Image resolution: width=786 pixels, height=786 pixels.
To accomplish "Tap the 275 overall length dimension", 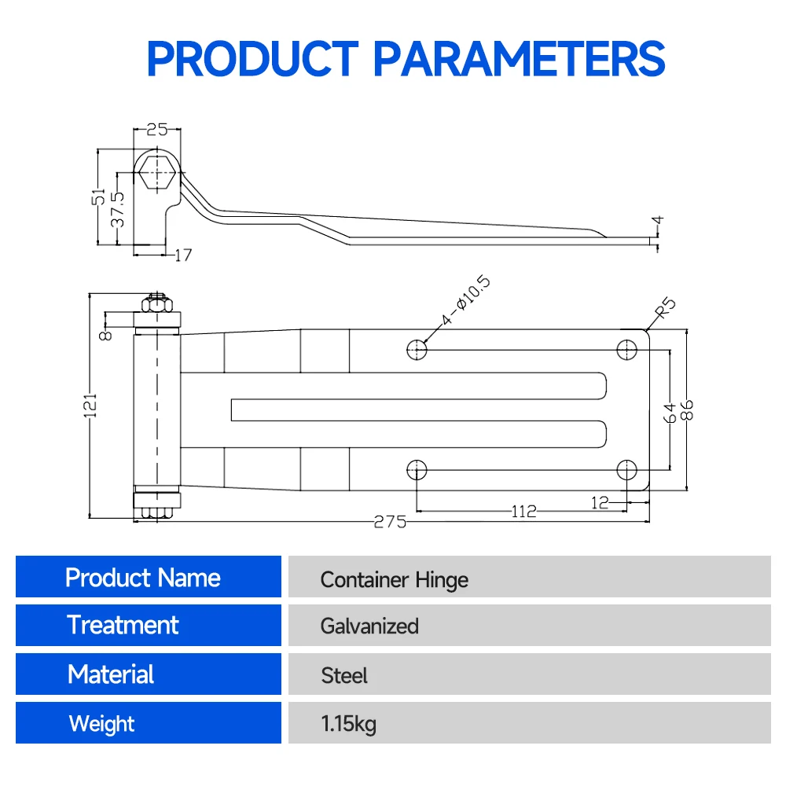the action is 390,521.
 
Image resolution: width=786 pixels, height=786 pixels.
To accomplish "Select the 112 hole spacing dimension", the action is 523,512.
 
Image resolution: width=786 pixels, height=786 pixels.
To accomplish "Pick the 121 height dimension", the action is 93,405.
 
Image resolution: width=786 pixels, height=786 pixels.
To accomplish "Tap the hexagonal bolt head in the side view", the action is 158,171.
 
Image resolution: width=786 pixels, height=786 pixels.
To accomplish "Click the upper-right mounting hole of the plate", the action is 627,349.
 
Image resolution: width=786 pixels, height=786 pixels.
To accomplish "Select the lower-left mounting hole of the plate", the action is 417,470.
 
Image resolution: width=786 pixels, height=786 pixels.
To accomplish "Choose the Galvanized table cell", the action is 369,626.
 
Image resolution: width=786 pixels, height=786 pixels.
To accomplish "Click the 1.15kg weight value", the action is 348,724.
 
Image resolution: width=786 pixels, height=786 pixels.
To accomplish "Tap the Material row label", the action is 111,674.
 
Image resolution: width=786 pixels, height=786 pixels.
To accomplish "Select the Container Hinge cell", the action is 394,581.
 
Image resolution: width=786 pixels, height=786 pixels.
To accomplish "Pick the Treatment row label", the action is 123,626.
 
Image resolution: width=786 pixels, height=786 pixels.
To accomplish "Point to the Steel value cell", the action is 344,675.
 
